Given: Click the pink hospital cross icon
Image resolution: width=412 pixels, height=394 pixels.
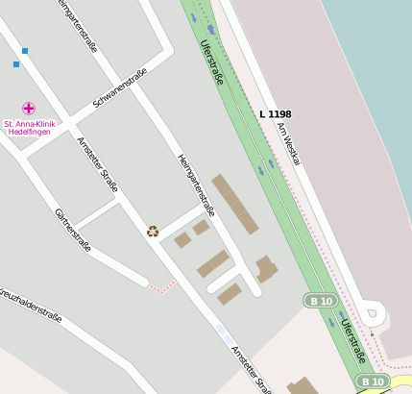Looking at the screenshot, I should tap(29, 109).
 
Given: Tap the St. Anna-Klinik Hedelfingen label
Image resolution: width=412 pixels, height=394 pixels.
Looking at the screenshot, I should tap(30, 128).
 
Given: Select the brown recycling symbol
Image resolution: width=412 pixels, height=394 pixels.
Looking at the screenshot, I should tap(153, 231).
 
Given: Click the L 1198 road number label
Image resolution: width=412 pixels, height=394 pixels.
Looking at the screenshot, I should tap(276, 114).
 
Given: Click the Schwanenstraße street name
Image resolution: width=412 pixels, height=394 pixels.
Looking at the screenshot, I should tap(120, 87).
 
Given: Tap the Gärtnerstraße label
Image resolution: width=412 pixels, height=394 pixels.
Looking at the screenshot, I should tap(73, 230).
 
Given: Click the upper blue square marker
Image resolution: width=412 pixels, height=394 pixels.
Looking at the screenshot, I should tap(25, 50).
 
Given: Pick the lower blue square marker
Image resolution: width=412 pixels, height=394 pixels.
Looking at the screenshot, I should tap(16, 64).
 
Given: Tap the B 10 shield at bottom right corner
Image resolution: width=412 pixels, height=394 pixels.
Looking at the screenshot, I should tap(373, 382).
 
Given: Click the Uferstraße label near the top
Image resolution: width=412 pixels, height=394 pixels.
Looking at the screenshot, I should tap(211, 62).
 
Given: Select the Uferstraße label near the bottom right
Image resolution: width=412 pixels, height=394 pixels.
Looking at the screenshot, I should tap(351, 341).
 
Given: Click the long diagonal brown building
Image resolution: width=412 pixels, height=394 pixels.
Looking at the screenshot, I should tap(235, 204).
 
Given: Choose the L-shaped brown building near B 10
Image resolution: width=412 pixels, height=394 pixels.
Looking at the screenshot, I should tap(265, 268).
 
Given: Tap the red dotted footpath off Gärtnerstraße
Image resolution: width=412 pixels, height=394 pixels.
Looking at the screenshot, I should tap(164, 286).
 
